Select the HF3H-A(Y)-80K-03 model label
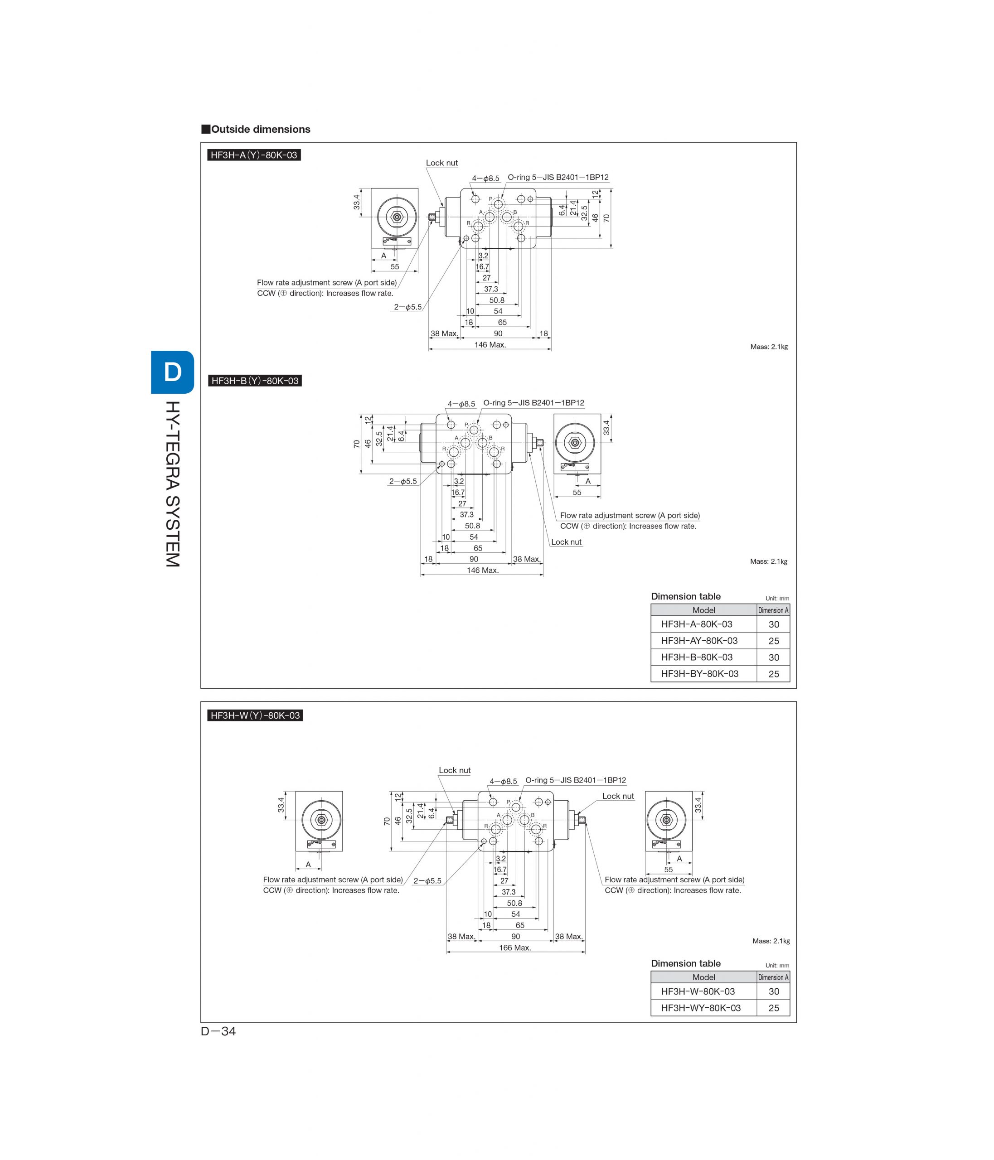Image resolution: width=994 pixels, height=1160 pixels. [x=254, y=155]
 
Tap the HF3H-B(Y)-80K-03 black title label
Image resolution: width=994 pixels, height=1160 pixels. [x=255, y=381]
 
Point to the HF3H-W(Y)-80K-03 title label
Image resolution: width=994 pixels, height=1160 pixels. [x=255, y=715]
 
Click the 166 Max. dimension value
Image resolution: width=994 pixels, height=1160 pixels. [x=514, y=947]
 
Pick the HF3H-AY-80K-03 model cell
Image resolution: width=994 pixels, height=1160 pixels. [x=699, y=640]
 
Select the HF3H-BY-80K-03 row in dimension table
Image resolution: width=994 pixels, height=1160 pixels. [x=720, y=673]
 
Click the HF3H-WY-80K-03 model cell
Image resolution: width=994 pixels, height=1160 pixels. [x=701, y=1008]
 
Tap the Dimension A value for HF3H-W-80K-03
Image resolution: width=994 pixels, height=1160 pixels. [x=773, y=991]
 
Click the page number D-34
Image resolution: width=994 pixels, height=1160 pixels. [x=218, y=1031]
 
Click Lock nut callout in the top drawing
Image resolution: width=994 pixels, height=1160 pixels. [x=442, y=163]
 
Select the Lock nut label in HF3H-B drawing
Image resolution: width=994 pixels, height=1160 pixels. [x=566, y=542]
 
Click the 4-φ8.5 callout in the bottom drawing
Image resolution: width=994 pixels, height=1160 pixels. [x=504, y=781]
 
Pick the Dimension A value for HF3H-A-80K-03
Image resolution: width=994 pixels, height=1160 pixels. [x=773, y=624]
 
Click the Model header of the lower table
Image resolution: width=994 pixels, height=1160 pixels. [x=703, y=977]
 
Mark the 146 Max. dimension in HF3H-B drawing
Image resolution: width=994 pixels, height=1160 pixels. [x=482, y=570]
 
